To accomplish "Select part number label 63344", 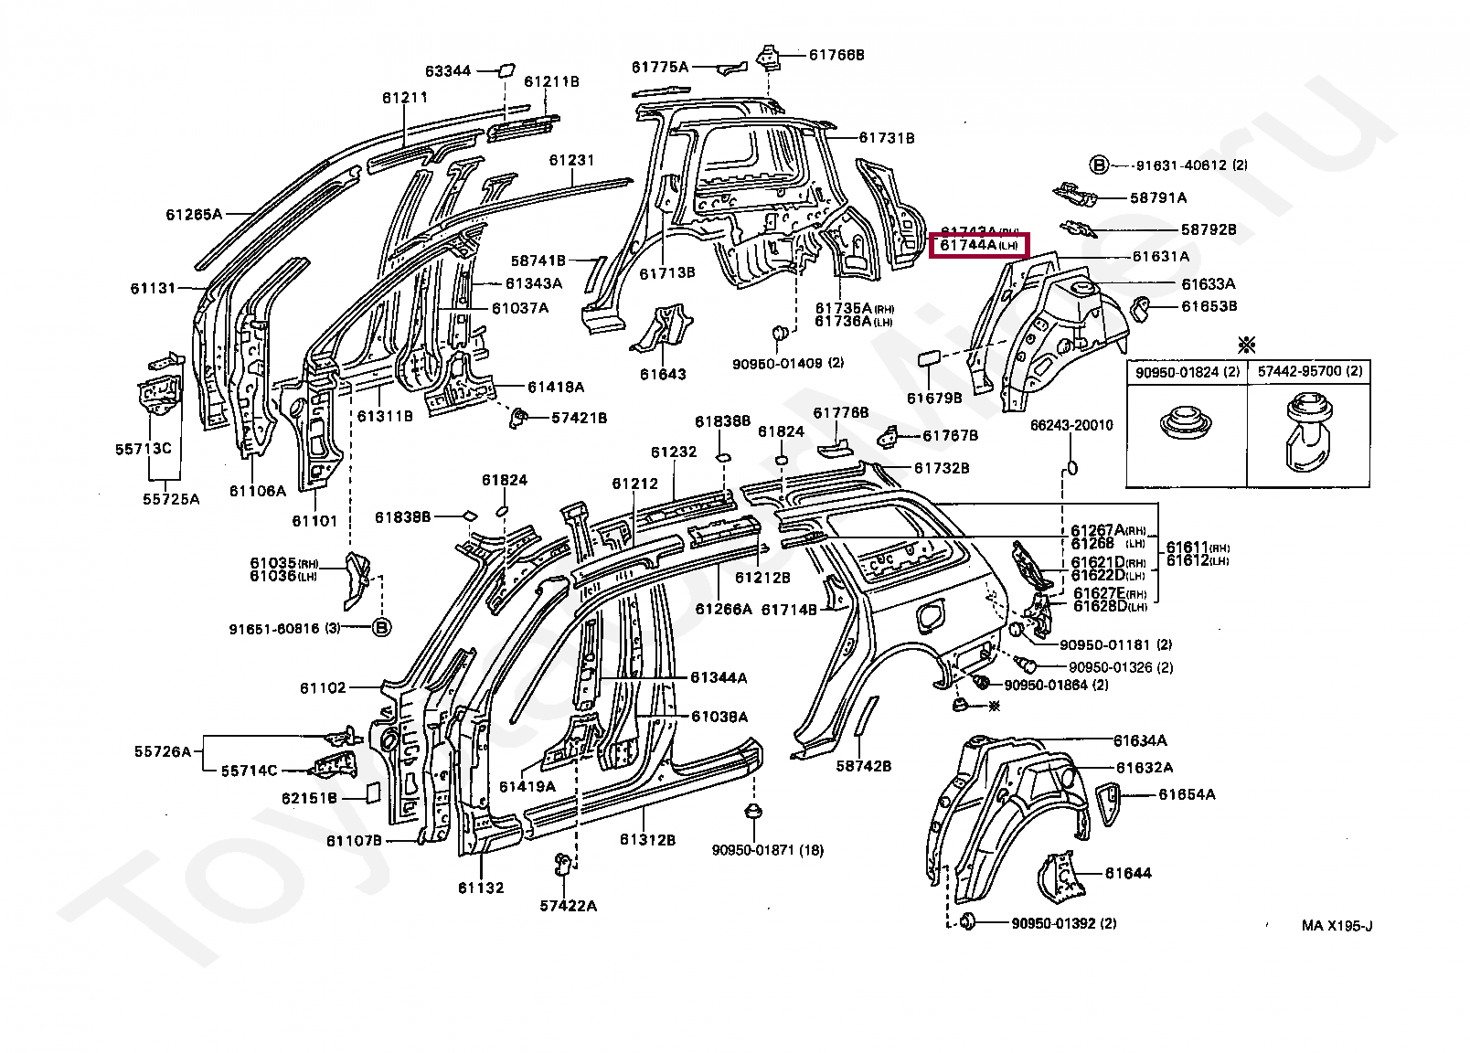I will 448,70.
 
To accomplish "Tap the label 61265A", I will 194,215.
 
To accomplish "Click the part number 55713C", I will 144,449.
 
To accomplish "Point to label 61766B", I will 836,55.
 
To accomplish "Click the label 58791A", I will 1158,197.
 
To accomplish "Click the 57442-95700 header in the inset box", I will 1309,372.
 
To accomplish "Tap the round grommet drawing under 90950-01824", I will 1187,422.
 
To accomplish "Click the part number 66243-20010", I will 1071,425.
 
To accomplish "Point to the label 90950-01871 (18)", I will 767,850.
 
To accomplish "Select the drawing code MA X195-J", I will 1337,926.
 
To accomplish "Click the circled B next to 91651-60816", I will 381,627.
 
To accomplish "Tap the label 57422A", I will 568,906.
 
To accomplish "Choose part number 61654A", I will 1187,794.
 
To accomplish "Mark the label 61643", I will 663,374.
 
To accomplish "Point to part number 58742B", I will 863,766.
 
